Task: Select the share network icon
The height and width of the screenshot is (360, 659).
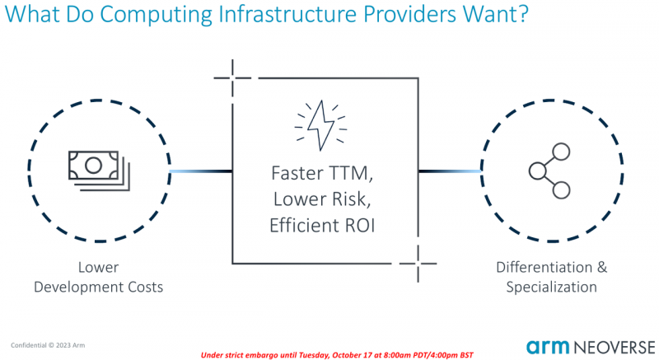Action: point(550,171)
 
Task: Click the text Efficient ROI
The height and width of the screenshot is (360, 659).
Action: point(322,224)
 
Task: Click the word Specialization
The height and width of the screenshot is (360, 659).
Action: point(551,287)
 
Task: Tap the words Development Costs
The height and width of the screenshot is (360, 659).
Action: point(99,287)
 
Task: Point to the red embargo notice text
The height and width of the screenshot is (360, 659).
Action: point(338,353)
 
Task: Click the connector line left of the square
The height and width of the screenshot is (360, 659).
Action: point(200,171)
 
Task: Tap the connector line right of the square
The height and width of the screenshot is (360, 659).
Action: point(449,171)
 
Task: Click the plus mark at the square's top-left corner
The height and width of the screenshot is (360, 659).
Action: point(232,79)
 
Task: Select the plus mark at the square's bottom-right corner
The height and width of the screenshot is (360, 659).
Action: point(417,264)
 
